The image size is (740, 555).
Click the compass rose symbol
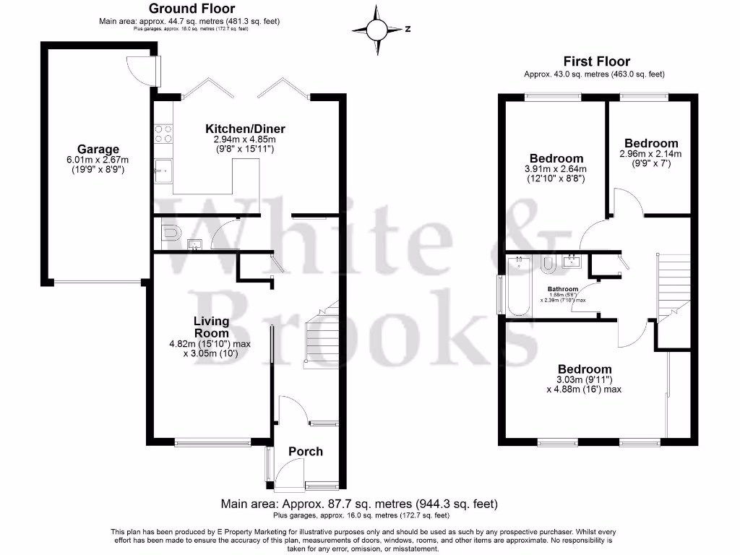pyautogui.click(x=377, y=30)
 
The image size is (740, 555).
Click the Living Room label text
pyautogui.click(x=211, y=327)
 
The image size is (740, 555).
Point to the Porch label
pyautogui.click(x=306, y=452)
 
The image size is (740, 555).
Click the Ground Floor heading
pyautogui.click(x=189, y=9)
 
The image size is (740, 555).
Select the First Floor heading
pyautogui.click(x=596, y=61)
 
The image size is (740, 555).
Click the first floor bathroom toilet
pyautogui.click(x=548, y=265)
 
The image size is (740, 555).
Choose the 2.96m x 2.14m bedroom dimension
pyautogui.click(x=650, y=154)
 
